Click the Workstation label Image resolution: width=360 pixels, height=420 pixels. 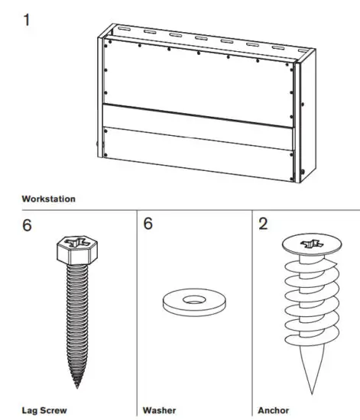tap(49, 199)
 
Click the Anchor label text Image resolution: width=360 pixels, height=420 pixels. tap(273, 409)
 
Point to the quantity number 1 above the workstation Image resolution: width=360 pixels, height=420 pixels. tap(28, 18)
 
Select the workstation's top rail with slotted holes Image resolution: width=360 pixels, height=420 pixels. tap(206, 40)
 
